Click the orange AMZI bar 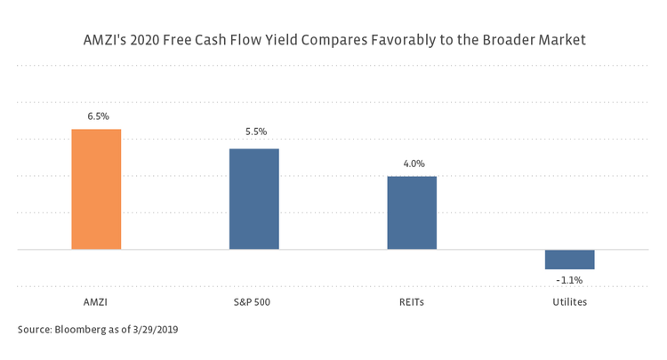[96, 189]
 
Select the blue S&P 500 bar [254, 199]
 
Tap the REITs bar [412, 213]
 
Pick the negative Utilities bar [569, 260]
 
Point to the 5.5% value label [255, 132]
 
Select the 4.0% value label [414, 164]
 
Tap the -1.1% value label [569, 280]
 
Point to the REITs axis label [412, 302]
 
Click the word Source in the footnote [35, 330]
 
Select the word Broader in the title [505, 42]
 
